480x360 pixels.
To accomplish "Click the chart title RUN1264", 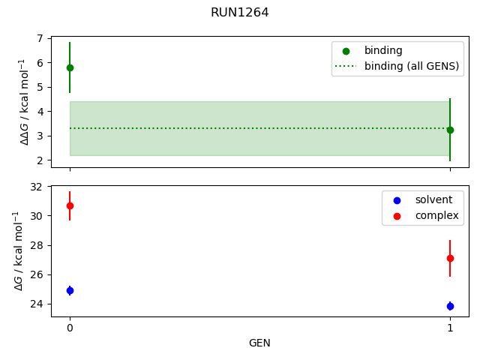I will (x=239, y=13).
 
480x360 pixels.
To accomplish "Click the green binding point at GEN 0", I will (x=70, y=67).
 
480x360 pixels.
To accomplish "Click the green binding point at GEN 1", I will (x=450, y=130).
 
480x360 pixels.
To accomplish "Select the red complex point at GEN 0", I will (x=70, y=205).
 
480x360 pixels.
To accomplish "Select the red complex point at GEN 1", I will (x=450, y=258).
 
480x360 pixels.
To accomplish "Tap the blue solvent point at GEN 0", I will (x=70, y=290).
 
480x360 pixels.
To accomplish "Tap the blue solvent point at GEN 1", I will (x=450, y=306).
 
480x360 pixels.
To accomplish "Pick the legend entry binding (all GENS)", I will (x=411, y=66).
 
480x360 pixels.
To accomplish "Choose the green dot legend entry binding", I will (x=382, y=51).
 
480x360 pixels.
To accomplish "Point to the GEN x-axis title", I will (x=259, y=343).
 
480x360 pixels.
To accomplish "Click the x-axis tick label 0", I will (x=70, y=328).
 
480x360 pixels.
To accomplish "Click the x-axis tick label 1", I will (x=450, y=328).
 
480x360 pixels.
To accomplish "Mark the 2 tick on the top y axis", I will (x=42, y=160).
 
